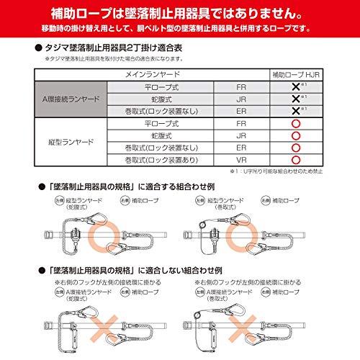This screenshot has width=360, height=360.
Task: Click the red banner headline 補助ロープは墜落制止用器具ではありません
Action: click(x=179, y=13)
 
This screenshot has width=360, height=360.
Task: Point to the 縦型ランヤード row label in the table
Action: click(x=70, y=142)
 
